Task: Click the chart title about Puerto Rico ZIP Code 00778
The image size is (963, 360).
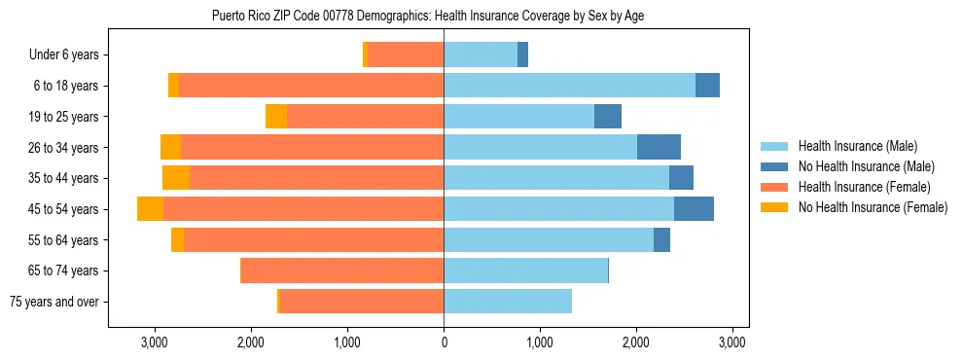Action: coord(428,16)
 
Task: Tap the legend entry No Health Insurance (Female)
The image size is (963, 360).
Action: coord(873,207)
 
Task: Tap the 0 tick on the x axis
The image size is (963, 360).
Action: coord(444,342)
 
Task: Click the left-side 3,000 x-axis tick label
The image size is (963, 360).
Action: coord(155,342)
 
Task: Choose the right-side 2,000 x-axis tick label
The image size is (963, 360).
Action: coord(636,342)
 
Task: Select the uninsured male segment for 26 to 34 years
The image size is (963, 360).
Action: coord(659,147)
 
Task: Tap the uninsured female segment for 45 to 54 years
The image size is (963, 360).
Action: coord(150,209)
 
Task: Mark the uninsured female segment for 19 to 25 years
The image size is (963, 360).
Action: coord(276,117)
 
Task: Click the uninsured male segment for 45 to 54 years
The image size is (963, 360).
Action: coord(694,209)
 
